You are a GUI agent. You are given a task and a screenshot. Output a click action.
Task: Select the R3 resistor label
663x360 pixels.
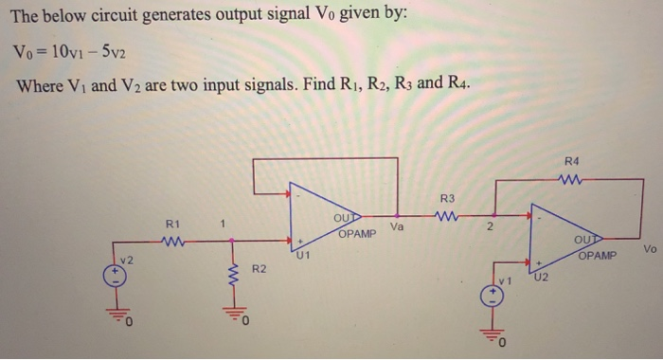click(448, 198)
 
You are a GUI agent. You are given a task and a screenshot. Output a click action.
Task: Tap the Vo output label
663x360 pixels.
click(649, 249)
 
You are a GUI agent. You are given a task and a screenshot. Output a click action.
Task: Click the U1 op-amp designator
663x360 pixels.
click(303, 254)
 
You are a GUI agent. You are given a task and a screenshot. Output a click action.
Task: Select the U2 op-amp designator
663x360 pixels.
click(541, 278)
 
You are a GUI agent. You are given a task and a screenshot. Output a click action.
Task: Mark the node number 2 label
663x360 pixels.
click(488, 227)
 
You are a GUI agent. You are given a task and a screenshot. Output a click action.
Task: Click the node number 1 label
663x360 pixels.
click(221, 225)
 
